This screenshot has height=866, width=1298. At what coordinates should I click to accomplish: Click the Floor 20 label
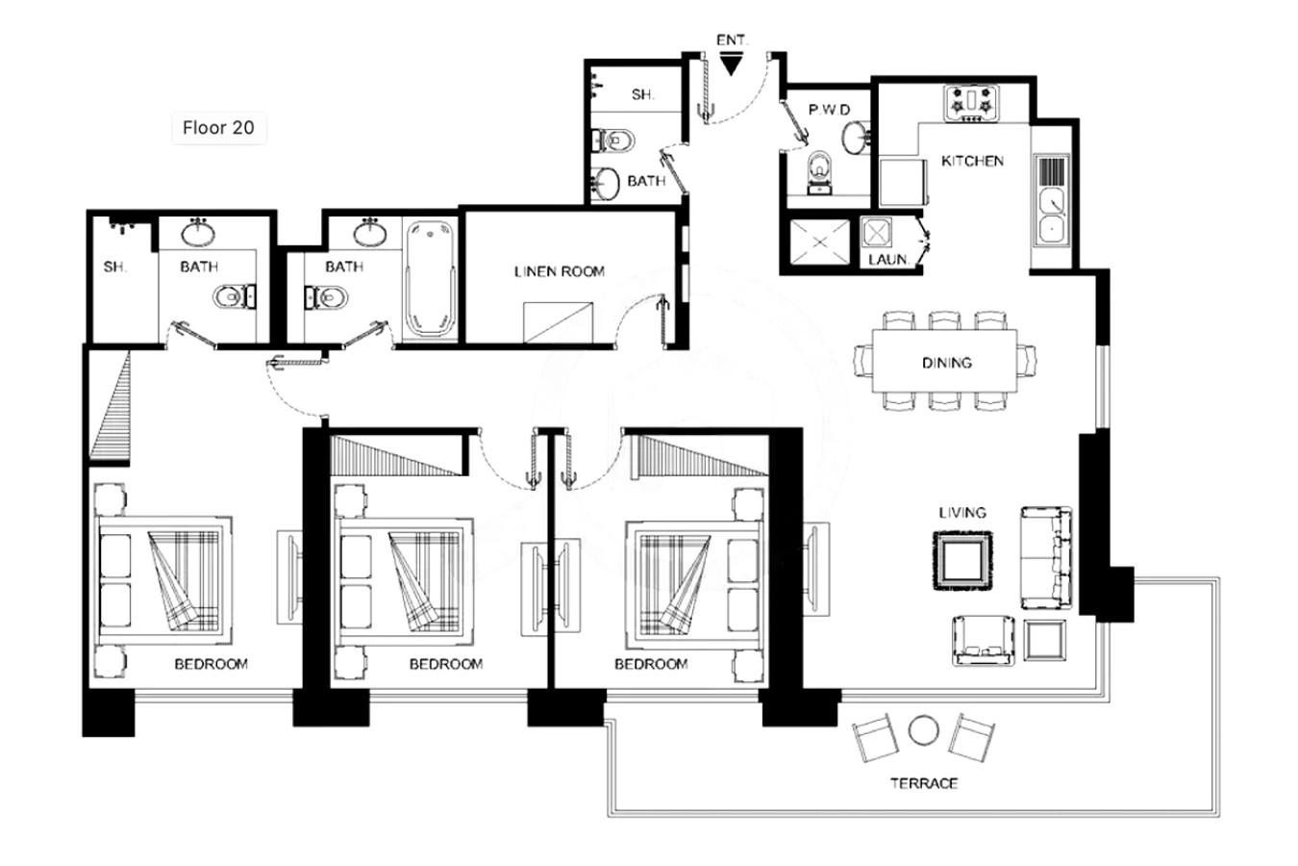[x=218, y=128]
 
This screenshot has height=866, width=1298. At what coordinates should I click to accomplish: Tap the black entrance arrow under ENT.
[x=732, y=64]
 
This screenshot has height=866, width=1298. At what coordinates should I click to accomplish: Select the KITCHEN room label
[x=972, y=161]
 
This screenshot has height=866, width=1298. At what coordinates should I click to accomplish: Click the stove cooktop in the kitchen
[x=972, y=103]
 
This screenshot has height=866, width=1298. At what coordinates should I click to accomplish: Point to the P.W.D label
[x=829, y=110]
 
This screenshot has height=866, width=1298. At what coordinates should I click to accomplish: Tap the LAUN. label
[x=888, y=259]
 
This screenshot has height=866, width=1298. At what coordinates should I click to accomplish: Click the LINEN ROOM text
[x=560, y=271]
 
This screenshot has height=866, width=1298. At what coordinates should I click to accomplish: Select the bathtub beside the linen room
[x=430, y=279]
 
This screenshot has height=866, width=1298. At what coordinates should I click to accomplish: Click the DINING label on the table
[x=947, y=363]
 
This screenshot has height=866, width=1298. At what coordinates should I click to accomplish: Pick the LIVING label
[x=962, y=512]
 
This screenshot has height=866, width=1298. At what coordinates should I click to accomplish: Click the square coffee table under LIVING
[x=962, y=561]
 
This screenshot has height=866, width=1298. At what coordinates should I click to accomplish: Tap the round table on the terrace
[x=923, y=731]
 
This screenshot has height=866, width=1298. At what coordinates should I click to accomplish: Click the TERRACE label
[x=924, y=783]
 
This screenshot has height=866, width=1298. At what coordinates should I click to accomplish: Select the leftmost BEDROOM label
[x=211, y=664]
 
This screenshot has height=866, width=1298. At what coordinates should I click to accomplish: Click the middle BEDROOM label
[x=446, y=664]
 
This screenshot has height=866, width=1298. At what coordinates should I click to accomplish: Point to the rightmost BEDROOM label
[x=651, y=664]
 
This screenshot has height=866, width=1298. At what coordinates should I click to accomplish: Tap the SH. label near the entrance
[x=642, y=94]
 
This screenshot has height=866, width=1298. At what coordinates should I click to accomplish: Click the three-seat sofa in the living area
[x=1046, y=558]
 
